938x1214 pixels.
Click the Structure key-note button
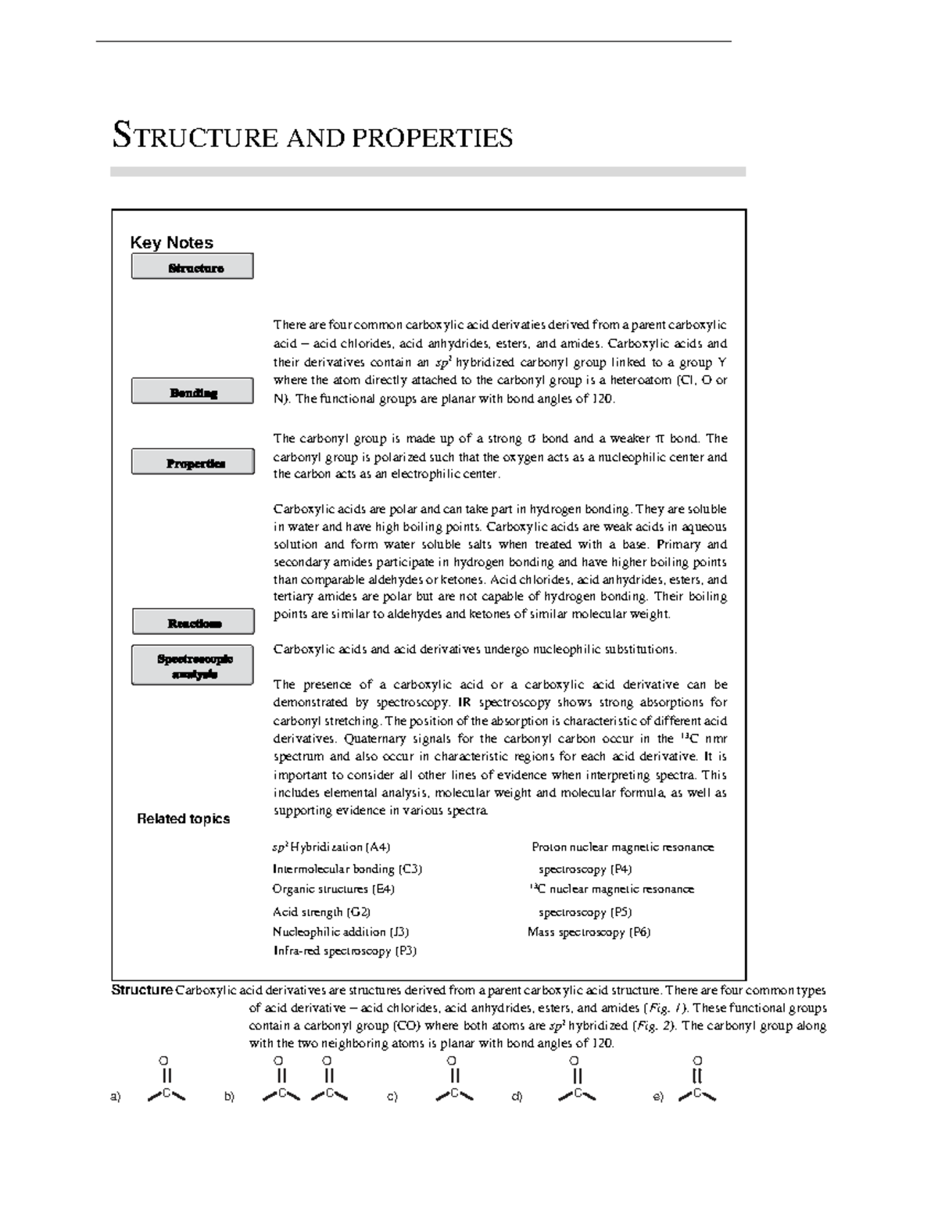[192, 267]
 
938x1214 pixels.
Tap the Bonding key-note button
[192, 392]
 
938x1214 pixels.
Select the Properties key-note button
[193, 462]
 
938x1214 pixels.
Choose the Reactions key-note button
[193, 622]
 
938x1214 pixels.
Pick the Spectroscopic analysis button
[193, 665]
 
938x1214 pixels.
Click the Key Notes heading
[171, 242]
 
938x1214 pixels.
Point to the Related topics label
[183, 818]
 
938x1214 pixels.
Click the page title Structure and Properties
[313, 136]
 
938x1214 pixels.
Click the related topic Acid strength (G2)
[321, 911]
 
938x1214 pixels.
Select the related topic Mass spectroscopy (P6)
[589, 932]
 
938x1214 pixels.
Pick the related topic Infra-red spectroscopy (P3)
[344, 951]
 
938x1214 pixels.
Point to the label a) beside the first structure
[116, 1097]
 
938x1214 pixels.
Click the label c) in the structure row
[392, 1097]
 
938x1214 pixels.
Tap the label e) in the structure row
[658, 1097]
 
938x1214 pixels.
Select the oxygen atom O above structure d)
[575, 1061]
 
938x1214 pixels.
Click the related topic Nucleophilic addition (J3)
[340, 932]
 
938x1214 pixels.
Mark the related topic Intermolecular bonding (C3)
[347, 868]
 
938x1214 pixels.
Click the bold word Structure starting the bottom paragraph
[141, 990]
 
